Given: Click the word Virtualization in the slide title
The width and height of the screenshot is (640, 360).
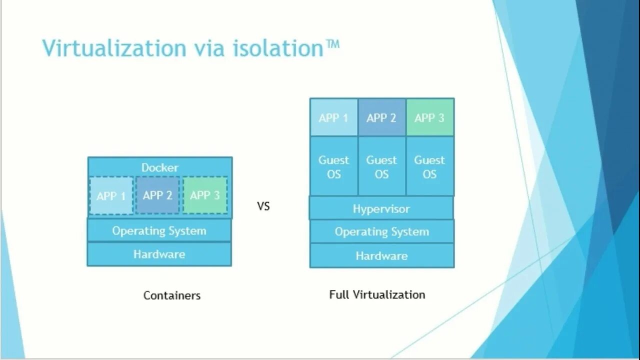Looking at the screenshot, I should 114,48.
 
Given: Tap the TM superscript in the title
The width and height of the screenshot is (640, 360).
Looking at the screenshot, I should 332,45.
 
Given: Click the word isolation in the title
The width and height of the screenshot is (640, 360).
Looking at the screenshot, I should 278,48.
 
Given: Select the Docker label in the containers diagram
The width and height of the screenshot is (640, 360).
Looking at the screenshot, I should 159,167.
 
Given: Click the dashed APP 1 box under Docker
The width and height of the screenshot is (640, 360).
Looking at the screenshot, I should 111,195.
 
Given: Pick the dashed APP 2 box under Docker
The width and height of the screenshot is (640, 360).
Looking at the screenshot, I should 157,195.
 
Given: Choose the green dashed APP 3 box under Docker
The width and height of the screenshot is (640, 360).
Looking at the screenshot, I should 205,195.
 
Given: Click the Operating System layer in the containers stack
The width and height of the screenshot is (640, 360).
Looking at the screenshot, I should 159,230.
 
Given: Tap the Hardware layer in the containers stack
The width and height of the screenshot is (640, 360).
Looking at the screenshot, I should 159,254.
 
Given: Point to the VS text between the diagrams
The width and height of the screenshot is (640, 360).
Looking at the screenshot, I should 263,206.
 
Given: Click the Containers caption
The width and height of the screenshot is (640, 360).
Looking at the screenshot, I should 172,295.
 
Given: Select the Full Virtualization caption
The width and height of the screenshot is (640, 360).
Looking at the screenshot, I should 377,294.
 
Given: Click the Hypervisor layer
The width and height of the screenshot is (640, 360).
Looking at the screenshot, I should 381,208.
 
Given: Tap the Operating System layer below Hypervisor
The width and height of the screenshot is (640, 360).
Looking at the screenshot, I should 381,231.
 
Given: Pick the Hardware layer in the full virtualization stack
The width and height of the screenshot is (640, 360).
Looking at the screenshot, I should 381,256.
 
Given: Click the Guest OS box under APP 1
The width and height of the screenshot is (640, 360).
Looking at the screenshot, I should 333,167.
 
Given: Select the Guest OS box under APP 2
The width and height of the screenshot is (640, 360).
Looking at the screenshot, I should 381,167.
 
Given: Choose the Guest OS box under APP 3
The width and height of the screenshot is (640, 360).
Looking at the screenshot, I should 429,167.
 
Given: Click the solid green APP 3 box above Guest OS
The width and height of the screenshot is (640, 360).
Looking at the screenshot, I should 429,117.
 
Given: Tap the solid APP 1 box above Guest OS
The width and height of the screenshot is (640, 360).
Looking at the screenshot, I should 333,117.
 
